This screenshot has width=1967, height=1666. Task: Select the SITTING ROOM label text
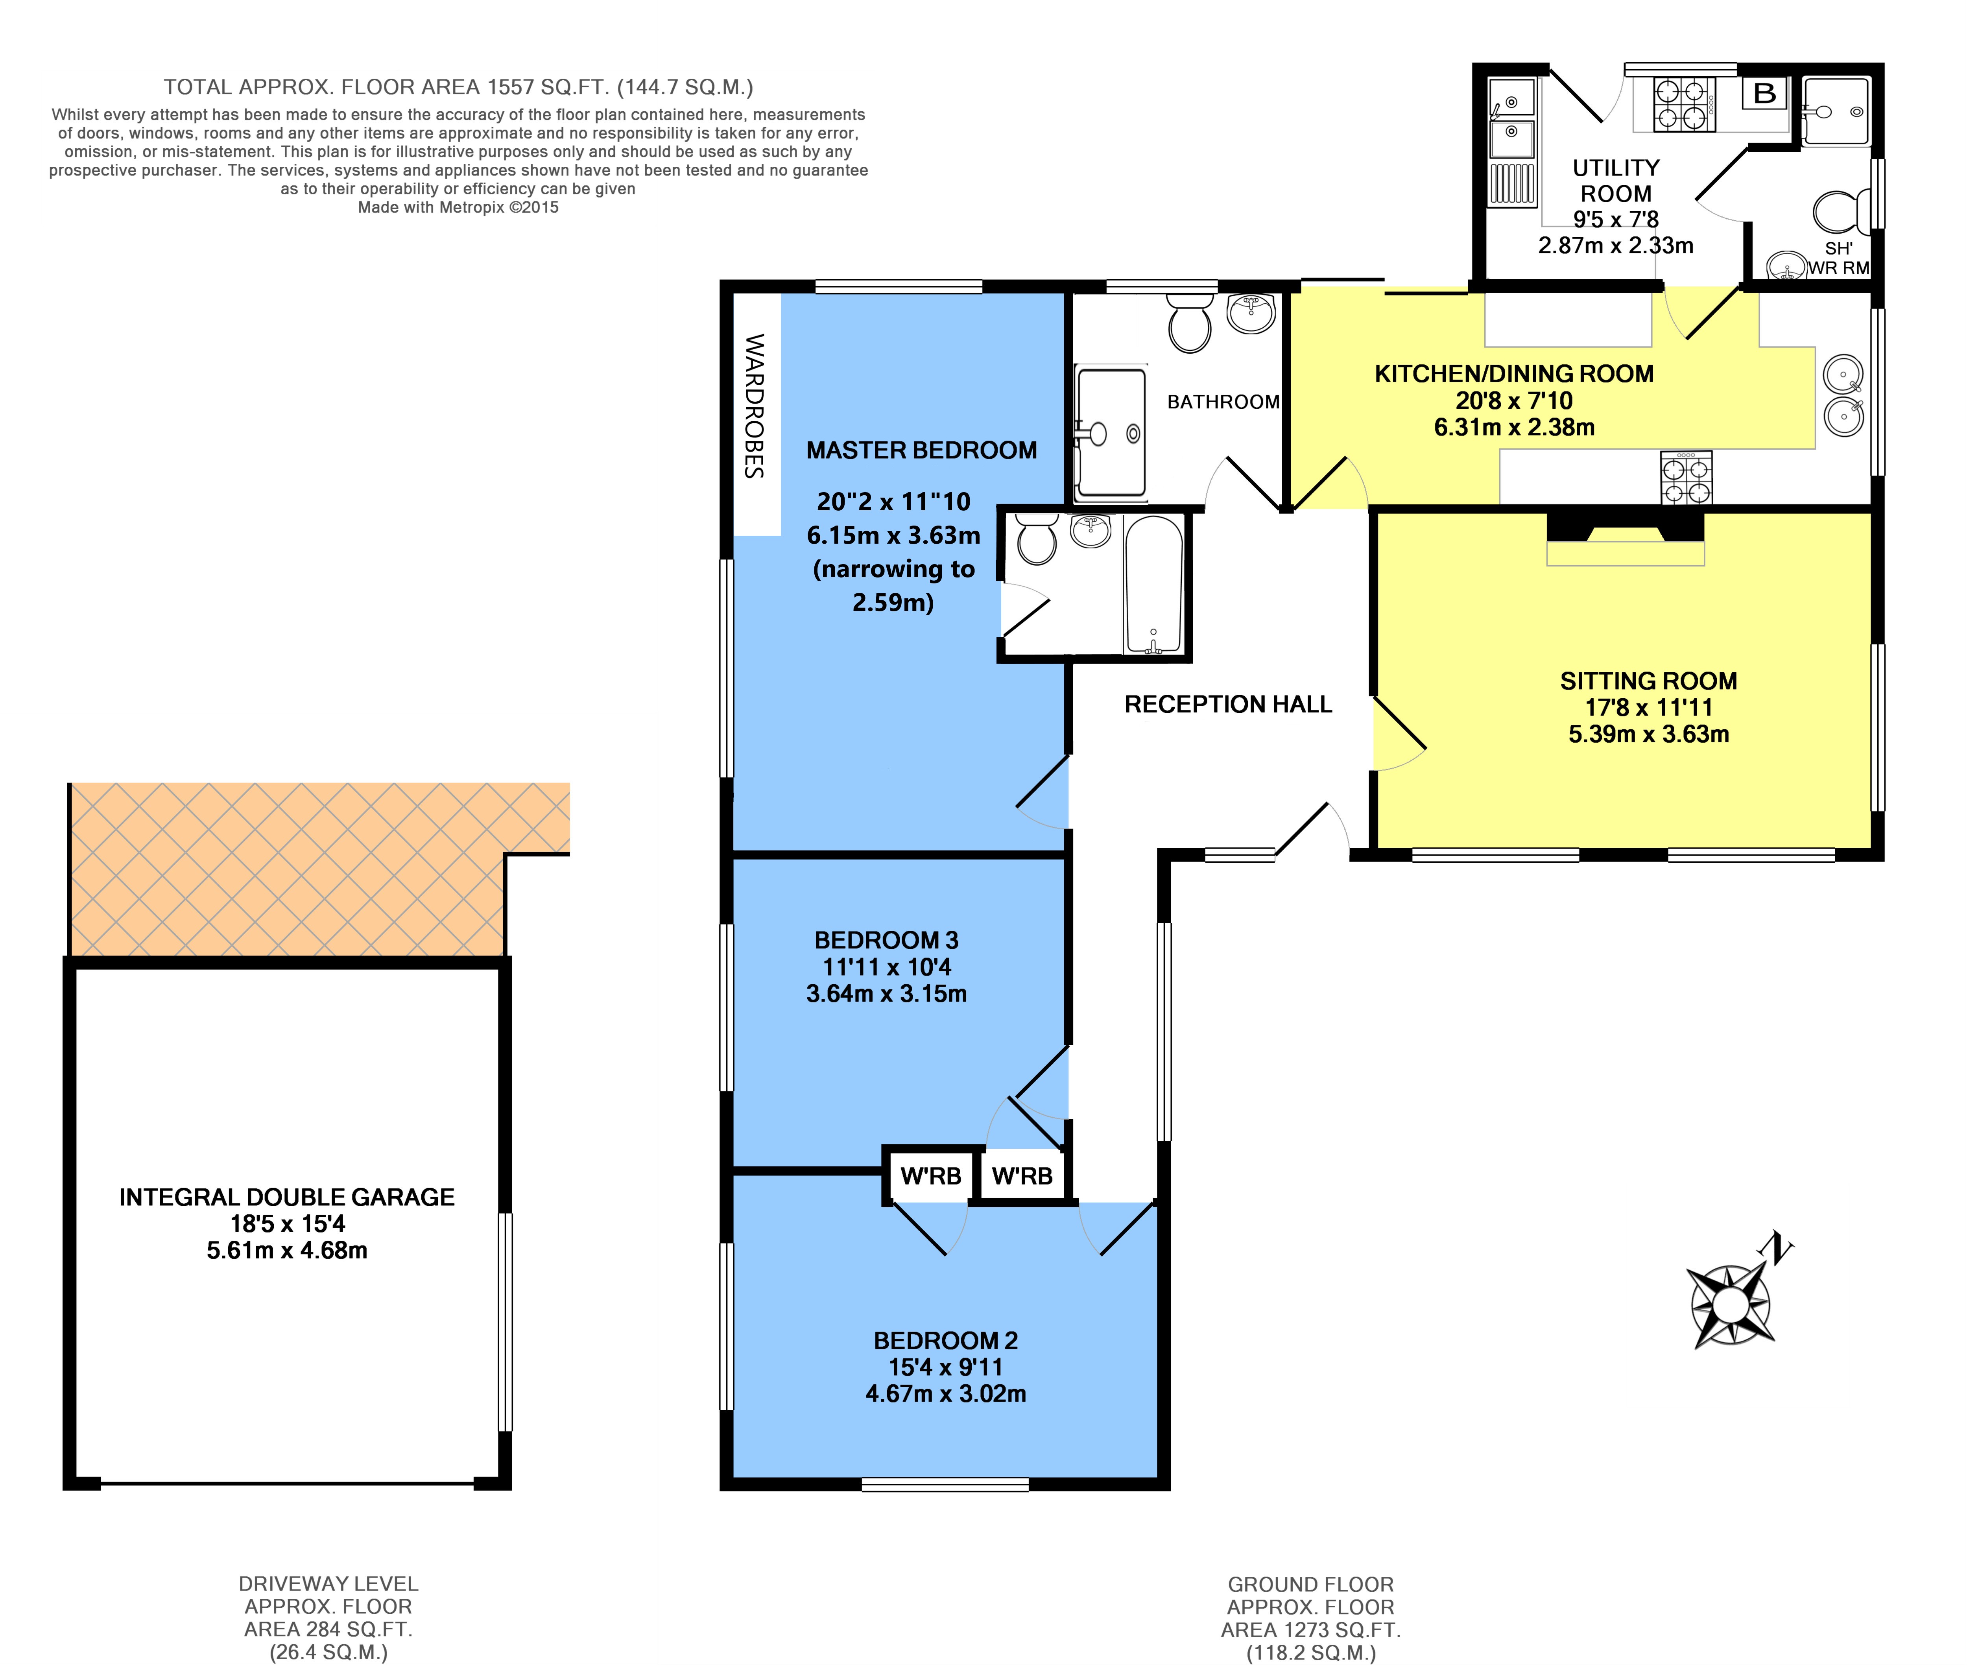[x=1648, y=681]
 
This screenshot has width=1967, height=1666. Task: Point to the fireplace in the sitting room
[x=1625, y=538]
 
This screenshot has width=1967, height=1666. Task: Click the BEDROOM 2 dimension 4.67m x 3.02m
[x=945, y=1393]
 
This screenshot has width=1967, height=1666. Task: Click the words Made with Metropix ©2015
[x=458, y=207]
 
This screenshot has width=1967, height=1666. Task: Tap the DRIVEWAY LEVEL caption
[x=328, y=1584]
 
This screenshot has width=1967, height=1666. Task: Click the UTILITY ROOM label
[x=1616, y=181]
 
